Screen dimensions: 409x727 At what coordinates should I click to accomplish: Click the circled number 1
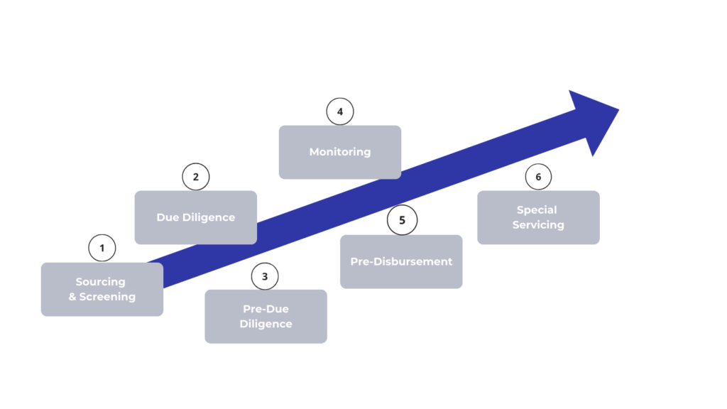click(102, 248)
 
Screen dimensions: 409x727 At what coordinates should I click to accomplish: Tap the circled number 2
click(196, 177)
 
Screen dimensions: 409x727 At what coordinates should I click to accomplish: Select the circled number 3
click(265, 276)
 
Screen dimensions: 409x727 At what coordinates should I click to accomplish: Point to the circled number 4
click(340, 111)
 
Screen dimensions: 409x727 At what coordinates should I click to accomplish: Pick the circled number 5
click(402, 220)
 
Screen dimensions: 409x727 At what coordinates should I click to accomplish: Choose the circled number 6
click(538, 177)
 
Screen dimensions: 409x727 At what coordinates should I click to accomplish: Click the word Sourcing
click(100, 282)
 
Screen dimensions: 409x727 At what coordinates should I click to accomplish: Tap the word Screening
click(107, 297)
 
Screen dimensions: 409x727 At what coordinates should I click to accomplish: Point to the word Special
click(537, 210)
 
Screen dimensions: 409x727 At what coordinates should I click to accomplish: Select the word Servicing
click(538, 225)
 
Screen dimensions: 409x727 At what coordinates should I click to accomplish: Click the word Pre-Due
click(266, 310)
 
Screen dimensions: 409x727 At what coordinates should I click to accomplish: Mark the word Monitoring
click(340, 152)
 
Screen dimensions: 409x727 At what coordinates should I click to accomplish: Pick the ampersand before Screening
click(72, 297)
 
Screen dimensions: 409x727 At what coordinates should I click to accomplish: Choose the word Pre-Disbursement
click(401, 261)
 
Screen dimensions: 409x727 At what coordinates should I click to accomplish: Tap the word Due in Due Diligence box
click(168, 217)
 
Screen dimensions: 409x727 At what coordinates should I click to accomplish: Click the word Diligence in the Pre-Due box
click(266, 325)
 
